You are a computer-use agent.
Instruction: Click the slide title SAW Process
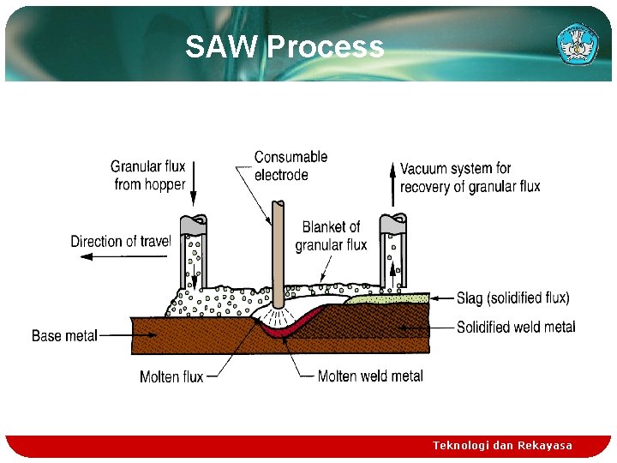pos(284,47)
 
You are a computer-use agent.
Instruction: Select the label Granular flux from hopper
pos(148,175)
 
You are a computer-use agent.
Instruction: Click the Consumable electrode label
pos(291,165)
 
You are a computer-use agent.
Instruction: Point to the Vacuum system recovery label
pos(470,177)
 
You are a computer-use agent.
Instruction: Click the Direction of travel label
pos(121,241)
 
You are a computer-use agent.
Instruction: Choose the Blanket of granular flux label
pos(331,236)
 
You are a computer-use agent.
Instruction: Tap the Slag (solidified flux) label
pos(512,298)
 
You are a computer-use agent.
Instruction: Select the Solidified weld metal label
pos(516,327)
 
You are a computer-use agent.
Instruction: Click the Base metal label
pos(64,335)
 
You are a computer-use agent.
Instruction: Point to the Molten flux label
pos(171,376)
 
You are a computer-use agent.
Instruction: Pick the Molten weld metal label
pos(370,376)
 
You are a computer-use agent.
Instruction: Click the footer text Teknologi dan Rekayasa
pos(502,446)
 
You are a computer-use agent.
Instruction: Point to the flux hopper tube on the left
pos(194,253)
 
